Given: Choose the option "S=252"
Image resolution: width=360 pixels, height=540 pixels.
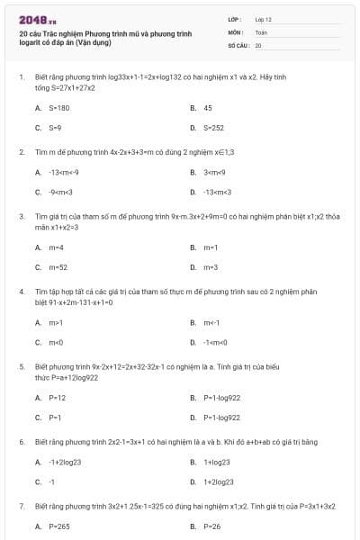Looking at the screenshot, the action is pos(214,128).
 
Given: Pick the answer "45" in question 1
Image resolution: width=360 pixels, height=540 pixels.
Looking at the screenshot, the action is pos(208,107).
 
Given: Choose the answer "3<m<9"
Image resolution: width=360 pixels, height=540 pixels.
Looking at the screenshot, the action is pos(216,171).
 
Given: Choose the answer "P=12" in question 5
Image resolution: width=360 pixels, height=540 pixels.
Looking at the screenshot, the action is pos(58,397).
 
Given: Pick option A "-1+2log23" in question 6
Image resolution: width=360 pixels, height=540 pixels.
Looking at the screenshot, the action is pos(66,462).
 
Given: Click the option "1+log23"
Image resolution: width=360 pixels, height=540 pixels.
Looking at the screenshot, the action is pos(218,462).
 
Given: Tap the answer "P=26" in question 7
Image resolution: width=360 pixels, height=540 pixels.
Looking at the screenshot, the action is pos(212,526).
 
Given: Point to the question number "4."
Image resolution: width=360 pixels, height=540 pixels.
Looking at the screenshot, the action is pos(22,292).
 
